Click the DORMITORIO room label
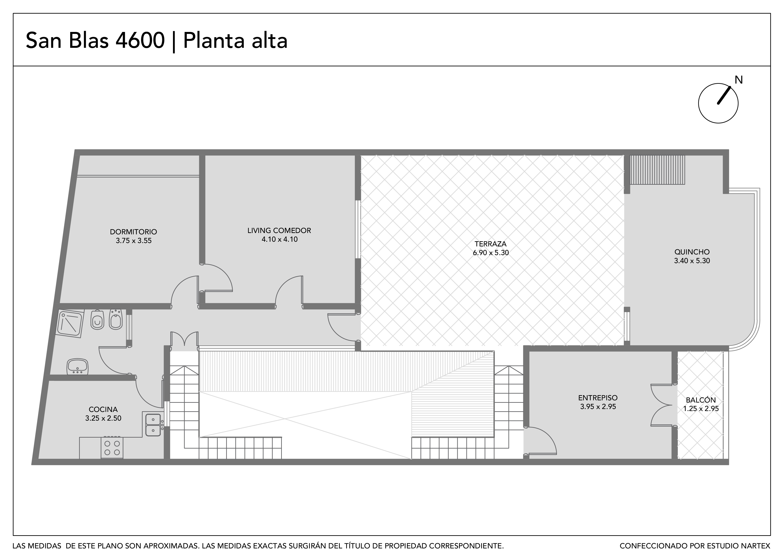click(133, 232)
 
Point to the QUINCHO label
click(692, 252)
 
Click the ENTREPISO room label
click(598, 398)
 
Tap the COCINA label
click(103, 409)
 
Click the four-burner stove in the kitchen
click(112, 448)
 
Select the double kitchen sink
click(153, 425)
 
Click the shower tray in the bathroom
click(70, 323)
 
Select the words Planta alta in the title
click(235, 41)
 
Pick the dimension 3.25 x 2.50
click(103, 418)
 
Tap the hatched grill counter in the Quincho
click(657, 170)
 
